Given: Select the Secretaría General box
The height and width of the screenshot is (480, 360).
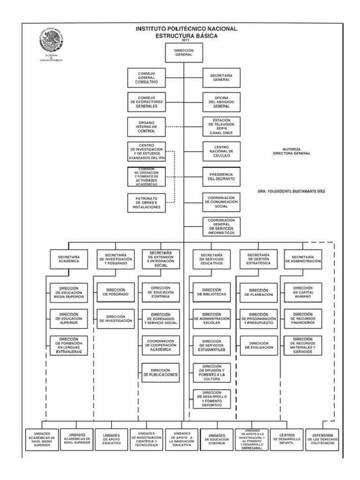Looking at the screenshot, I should point(221,78).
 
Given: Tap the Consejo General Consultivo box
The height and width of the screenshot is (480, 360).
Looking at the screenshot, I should point(146,78).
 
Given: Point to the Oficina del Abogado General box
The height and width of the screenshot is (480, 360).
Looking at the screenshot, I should point(221,102).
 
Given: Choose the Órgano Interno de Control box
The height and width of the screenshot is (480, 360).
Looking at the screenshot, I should point(146,127).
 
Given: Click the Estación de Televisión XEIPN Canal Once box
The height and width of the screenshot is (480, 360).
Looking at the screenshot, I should point(221,127).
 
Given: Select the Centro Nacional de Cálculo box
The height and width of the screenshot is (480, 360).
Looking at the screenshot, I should point(221,151).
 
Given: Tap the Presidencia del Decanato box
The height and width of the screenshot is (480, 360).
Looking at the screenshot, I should point(221,176).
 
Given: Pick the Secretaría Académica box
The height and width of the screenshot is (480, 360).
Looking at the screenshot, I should point(69,260).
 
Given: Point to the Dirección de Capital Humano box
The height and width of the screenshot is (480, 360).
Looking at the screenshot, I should point(303,292).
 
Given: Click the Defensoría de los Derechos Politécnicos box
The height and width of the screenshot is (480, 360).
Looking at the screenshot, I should point(322,439).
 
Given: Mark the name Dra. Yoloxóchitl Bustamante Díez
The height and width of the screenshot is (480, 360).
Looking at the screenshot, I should point(291,191).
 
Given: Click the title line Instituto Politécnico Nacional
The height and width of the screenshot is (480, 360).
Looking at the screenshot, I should point(187,29).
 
